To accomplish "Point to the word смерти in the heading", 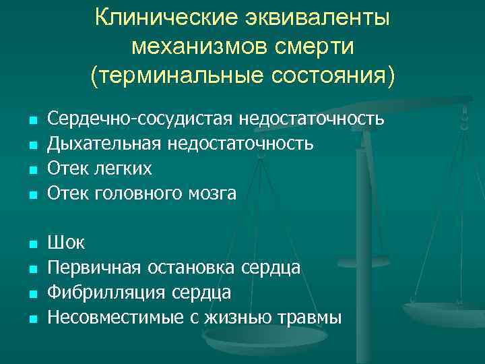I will (x=309, y=47).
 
